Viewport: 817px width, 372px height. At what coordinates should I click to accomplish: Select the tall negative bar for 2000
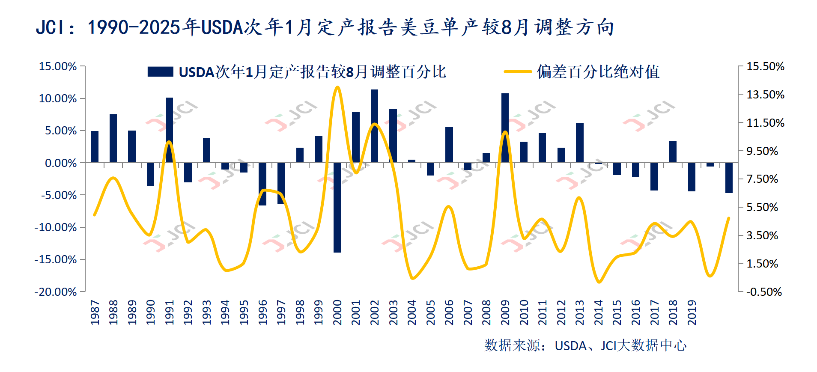coord(337,208)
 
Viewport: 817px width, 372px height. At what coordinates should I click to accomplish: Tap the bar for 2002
coord(375,126)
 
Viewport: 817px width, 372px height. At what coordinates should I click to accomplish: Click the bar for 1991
coord(170,130)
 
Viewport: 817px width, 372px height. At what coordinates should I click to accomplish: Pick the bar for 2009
coord(505,128)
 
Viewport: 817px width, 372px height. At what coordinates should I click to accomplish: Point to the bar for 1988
coord(113,138)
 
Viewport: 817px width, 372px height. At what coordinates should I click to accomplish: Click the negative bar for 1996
coord(262,184)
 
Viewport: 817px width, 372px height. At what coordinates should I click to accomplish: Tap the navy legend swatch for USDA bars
coord(160,72)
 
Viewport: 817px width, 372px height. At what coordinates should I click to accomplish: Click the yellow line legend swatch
coord(518,72)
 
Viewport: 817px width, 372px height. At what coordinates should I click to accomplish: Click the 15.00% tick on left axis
coord(58,66)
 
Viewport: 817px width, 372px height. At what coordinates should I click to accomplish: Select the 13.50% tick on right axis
coord(765,95)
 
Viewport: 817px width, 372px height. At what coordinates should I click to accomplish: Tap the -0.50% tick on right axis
coord(764,292)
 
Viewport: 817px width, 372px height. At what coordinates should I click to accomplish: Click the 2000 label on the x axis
coord(337,312)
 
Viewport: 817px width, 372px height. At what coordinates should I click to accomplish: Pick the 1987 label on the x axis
coord(95,312)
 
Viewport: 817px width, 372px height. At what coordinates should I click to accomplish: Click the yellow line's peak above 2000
coord(337,87)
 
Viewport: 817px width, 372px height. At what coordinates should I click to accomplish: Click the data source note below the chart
coord(585,345)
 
